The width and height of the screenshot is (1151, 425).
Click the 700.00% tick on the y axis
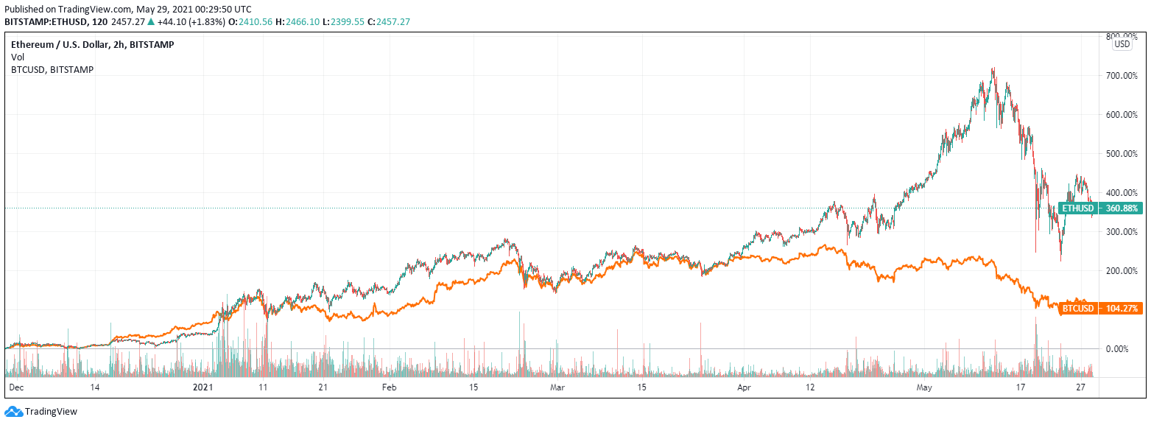(1121, 76)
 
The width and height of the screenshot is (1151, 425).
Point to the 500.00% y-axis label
(1121, 154)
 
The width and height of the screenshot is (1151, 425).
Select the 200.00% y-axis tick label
(1121, 270)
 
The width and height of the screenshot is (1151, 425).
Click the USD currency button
(1122, 44)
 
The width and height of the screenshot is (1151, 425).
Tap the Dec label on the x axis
(15, 387)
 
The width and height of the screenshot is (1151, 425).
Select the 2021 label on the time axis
(203, 387)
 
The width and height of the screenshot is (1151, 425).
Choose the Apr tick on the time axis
(744, 387)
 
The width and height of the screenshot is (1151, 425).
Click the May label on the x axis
(924, 387)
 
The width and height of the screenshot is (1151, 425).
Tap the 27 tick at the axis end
(1080, 387)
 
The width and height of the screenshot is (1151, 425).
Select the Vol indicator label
(18, 57)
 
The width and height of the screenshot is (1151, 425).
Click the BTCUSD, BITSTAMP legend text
(52, 69)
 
